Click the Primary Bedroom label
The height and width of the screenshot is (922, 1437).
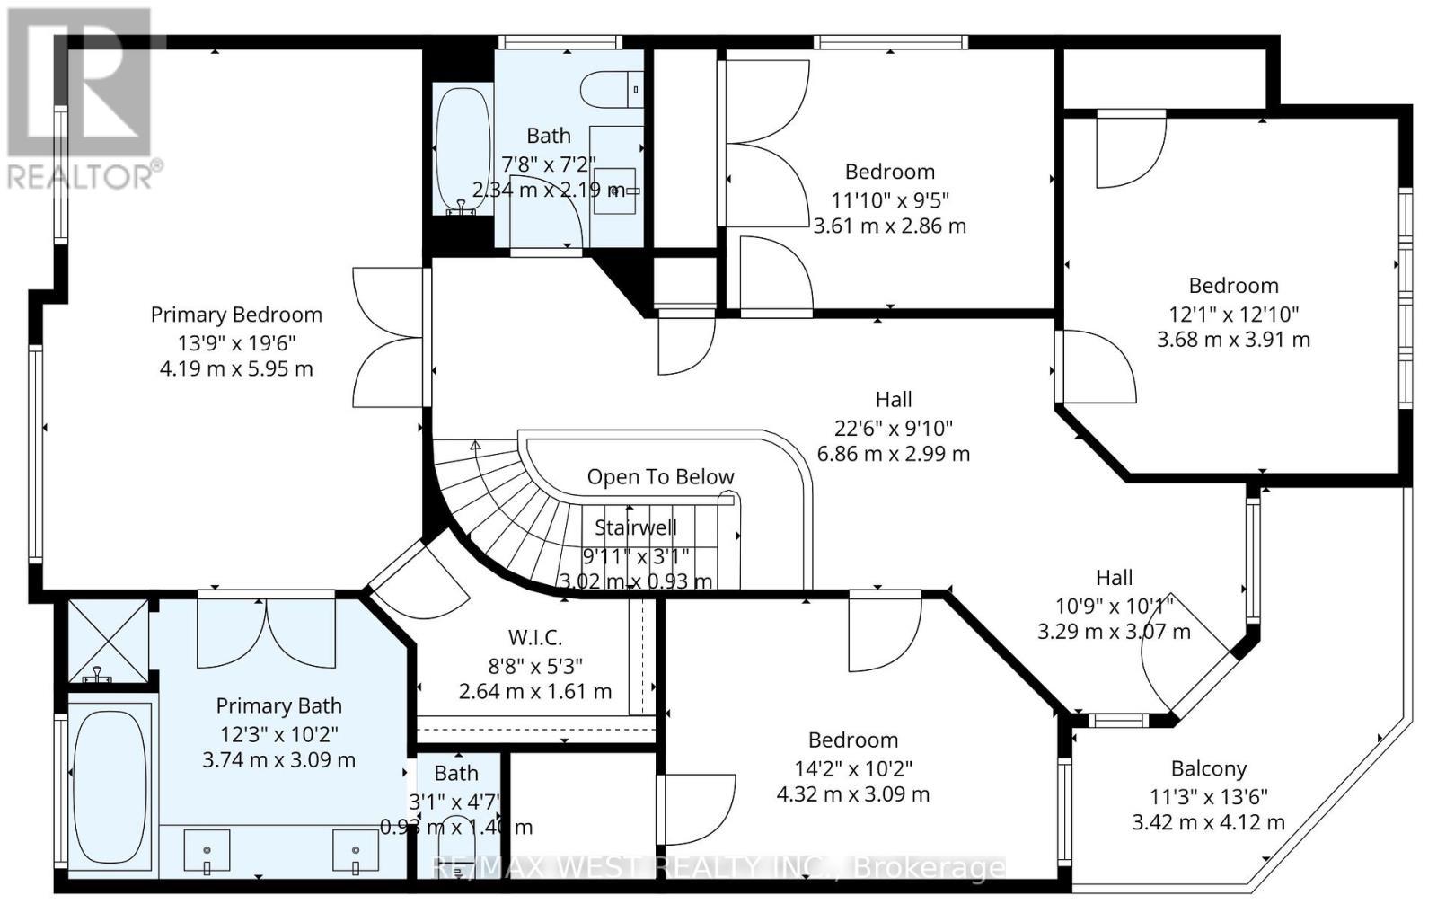[x=236, y=315]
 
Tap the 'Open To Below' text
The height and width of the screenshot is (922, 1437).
[x=660, y=477]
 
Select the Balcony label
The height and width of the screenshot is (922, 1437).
[x=1208, y=769]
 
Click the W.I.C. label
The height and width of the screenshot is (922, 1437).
[x=535, y=638]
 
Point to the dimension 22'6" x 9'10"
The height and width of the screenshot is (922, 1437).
[x=893, y=427]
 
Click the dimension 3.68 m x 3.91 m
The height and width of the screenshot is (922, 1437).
[x=1233, y=340]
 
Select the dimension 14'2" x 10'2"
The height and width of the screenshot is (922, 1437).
[x=852, y=767]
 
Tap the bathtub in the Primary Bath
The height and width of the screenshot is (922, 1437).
[x=109, y=785]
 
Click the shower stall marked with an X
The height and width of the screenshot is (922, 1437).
[x=109, y=641]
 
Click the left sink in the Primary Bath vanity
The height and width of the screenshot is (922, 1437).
[x=207, y=850]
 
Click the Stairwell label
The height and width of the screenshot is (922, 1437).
[x=636, y=527]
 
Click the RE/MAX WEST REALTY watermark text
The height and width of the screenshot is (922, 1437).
[x=718, y=867]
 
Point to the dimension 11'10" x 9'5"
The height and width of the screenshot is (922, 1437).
[x=889, y=199]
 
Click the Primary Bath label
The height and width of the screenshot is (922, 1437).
[x=278, y=706]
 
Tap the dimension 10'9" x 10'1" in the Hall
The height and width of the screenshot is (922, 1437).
[x=1114, y=605]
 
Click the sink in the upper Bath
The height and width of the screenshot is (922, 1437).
[x=616, y=190]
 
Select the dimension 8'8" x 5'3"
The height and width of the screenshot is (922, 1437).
[x=535, y=666]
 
